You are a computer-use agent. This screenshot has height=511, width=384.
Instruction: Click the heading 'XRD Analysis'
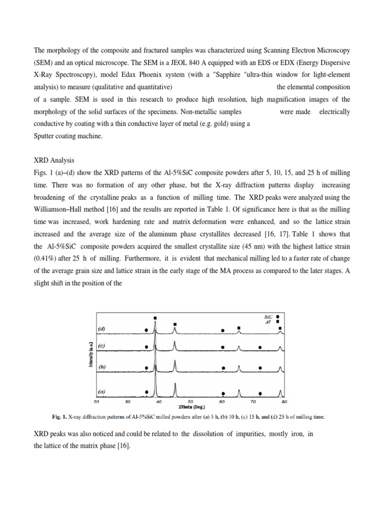click(54, 160)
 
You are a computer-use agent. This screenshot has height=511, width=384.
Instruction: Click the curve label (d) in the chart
click(102, 328)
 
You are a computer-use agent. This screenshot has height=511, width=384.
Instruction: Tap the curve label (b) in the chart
click(102, 367)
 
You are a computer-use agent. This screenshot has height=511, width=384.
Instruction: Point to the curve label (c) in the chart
click(102, 345)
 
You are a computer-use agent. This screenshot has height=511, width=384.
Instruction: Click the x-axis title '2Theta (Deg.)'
click(190, 407)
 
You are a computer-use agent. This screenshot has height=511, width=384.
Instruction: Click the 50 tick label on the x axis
click(190, 401)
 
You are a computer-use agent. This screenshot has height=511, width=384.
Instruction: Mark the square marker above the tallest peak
click(155, 318)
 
